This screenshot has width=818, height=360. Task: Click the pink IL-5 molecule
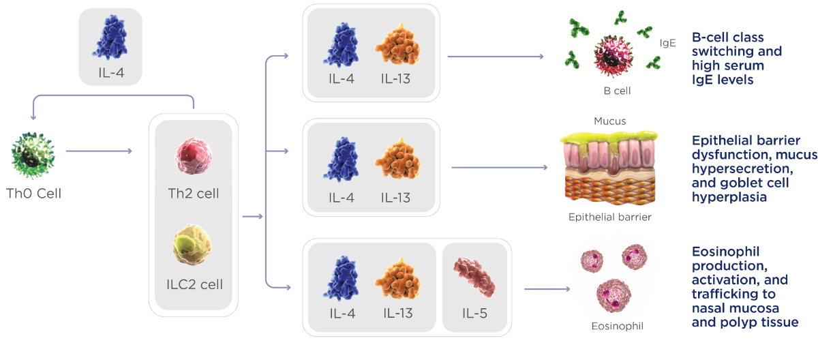pos(475,275)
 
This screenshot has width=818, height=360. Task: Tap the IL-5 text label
pos(475,313)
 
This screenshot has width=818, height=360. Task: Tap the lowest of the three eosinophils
pos(611,295)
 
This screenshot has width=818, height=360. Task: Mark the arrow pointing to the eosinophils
pos(549,289)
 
